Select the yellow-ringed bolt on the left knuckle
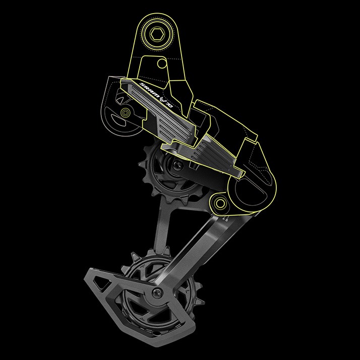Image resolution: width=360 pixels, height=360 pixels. [x=125, y=111]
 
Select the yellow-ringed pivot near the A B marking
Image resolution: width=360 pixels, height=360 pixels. [x=220, y=204]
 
